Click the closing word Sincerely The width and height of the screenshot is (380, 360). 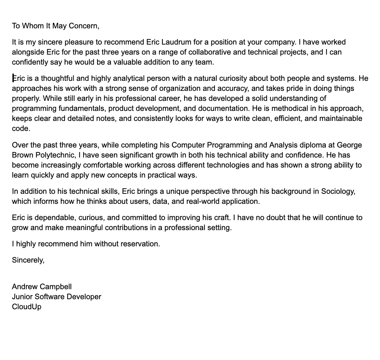click(28, 260)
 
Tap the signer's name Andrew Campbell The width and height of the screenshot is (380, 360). click(42, 286)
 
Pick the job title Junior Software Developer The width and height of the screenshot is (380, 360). click(56, 296)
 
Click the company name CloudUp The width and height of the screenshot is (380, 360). click(27, 306)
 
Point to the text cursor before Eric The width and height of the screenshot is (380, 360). click(13, 78)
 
